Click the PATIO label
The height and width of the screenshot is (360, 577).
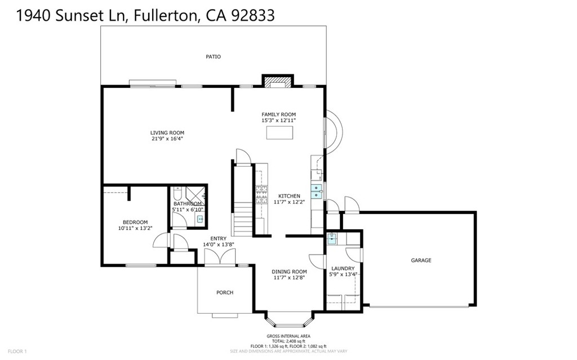(213, 57)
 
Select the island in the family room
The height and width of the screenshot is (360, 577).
(280, 132)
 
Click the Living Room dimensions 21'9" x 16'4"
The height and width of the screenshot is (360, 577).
(167, 139)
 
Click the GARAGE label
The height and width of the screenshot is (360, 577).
(421, 260)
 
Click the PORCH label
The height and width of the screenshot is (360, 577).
(225, 292)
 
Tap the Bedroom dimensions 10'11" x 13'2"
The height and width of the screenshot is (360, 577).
(135, 228)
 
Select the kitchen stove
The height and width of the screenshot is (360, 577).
(261, 194)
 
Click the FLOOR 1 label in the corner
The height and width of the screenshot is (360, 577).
(17, 352)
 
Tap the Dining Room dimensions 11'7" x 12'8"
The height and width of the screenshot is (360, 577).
(289, 277)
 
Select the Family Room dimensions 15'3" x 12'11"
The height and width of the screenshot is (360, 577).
(278, 121)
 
